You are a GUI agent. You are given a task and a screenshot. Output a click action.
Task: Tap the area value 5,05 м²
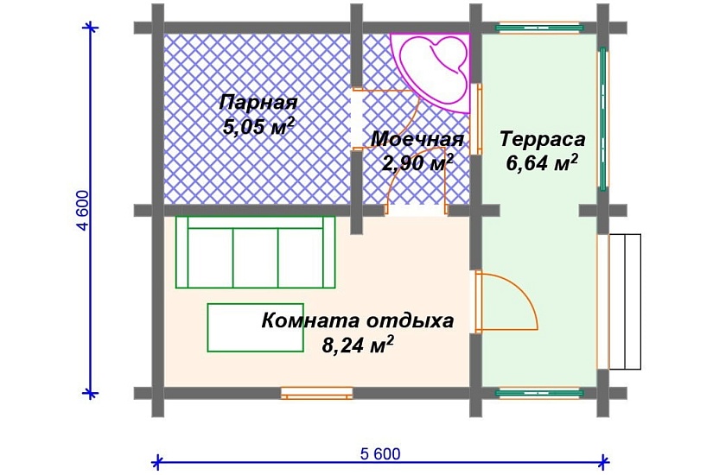(x=258, y=127)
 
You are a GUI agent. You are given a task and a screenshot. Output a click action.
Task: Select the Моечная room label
(x=417, y=139)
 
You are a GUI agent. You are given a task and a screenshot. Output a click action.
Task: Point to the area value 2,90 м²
(x=418, y=163)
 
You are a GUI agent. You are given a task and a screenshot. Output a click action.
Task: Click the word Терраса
(x=543, y=139)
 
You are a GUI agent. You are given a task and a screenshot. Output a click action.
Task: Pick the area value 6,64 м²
(x=543, y=163)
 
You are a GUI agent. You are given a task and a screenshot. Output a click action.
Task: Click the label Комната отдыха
(x=357, y=321)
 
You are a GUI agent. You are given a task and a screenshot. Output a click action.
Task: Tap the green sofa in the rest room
(x=255, y=251)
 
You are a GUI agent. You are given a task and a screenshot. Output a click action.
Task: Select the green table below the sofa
(x=253, y=326)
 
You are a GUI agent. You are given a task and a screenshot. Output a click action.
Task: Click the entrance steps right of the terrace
(x=625, y=301)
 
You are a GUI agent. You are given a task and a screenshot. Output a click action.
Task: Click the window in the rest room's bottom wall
(x=317, y=393)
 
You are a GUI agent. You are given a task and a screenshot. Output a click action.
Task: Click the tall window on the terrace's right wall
(x=602, y=118)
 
